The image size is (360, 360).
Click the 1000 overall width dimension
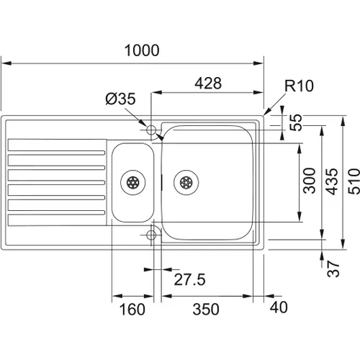(x=142, y=50)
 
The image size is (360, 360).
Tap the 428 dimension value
(x=208, y=84)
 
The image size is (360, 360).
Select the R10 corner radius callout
(x=299, y=86)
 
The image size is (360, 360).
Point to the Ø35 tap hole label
(x=120, y=99)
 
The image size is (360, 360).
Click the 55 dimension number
(x=296, y=122)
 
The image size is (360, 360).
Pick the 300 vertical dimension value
(x=309, y=181)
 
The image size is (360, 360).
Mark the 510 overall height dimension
(x=354, y=181)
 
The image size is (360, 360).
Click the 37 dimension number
(x=333, y=269)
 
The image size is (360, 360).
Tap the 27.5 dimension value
(x=189, y=279)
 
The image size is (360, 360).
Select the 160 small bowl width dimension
(x=132, y=310)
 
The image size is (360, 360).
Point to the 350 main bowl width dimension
(x=206, y=309)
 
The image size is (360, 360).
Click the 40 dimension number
(x=279, y=307)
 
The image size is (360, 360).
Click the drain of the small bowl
(x=133, y=182)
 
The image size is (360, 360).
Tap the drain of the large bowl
(x=186, y=182)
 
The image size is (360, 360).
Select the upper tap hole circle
(x=151, y=130)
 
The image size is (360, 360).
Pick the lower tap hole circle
(x=151, y=235)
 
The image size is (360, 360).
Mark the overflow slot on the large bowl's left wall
(x=162, y=182)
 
